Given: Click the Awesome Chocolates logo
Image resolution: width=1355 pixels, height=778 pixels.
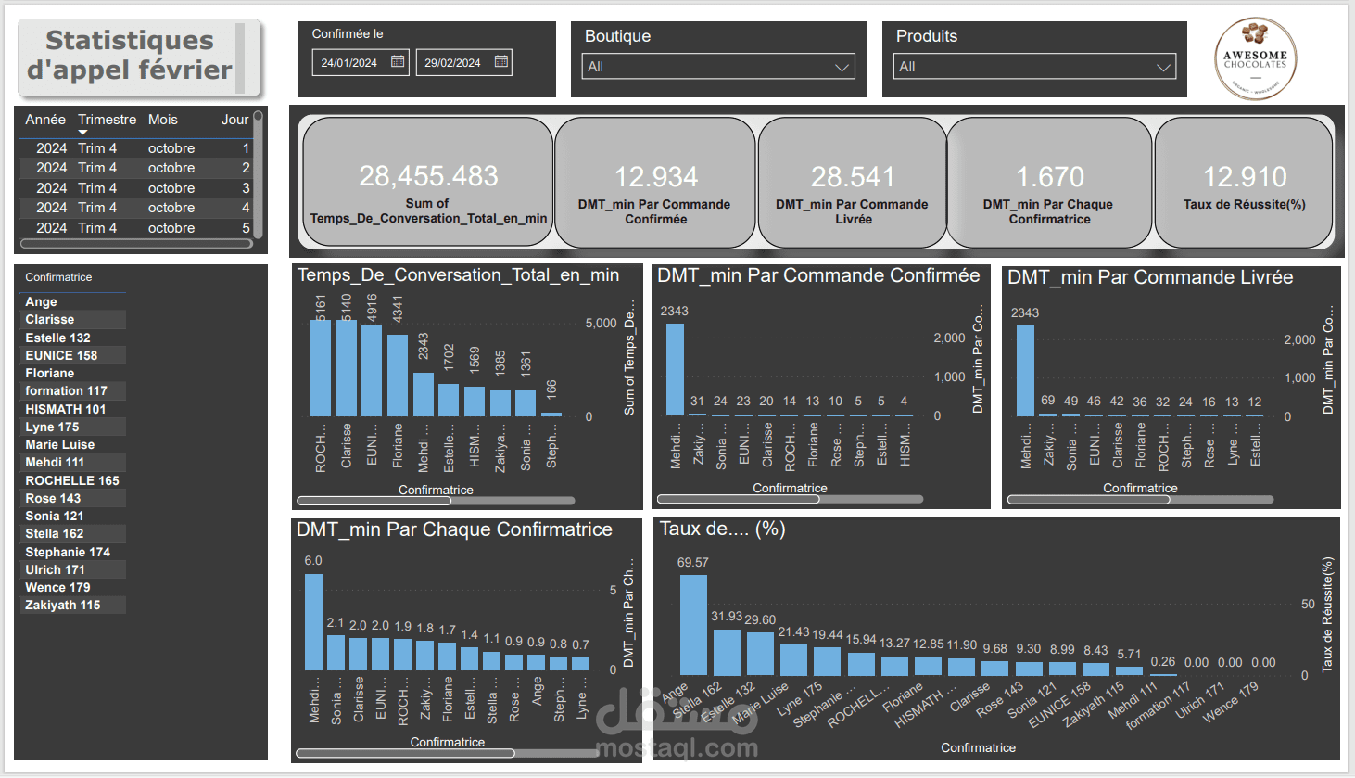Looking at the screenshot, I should [1255, 58].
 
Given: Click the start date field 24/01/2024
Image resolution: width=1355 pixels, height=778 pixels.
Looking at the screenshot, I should [349, 63].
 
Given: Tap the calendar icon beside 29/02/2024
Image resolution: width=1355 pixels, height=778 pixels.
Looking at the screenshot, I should [500, 62].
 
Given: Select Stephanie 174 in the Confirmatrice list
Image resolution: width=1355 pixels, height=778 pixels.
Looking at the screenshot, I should [68, 552].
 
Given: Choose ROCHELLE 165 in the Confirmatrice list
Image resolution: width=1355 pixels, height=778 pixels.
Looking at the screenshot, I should [72, 480].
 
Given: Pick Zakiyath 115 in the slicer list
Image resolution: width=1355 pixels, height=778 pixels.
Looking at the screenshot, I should [63, 605].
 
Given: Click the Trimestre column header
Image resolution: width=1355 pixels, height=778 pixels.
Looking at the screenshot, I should [107, 120].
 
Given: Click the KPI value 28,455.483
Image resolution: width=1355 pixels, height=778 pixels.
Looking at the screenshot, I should [428, 176].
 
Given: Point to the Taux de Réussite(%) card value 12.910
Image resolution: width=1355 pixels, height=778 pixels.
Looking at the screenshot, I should [1244, 177].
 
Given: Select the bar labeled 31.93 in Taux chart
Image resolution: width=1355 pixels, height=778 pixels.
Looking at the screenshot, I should [727, 652].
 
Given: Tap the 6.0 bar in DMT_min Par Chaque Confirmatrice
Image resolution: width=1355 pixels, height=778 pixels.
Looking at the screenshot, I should [313, 621].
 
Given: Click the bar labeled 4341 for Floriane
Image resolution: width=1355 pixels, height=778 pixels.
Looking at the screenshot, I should [398, 375].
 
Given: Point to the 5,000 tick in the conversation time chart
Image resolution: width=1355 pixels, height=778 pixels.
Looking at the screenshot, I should [601, 324].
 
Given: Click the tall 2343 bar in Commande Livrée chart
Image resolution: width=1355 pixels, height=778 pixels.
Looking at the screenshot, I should [1025, 371].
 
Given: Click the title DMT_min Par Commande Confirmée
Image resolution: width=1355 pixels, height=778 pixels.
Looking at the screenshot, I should [818, 275].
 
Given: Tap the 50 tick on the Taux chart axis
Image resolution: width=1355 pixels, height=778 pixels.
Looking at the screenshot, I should [1308, 604].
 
